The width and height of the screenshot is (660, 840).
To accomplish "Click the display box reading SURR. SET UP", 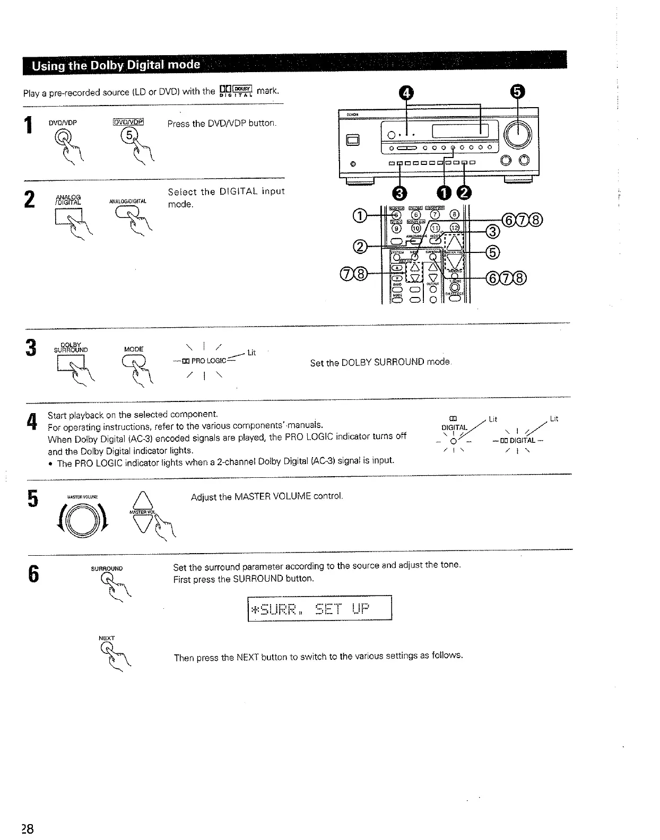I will tap(319, 608).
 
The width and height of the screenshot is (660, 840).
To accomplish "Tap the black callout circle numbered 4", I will tap(406, 93).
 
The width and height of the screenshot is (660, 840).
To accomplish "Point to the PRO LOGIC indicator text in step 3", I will tap(204, 361).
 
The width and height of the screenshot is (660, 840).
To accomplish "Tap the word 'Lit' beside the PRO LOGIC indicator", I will tap(251, 352).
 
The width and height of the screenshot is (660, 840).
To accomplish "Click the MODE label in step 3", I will tap(133, 349).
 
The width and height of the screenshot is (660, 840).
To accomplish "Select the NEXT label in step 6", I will tap(107, 638).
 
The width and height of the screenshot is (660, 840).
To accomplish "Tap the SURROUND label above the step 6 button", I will tap(107, 568).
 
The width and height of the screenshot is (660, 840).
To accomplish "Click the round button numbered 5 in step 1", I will tap(127, 135).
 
